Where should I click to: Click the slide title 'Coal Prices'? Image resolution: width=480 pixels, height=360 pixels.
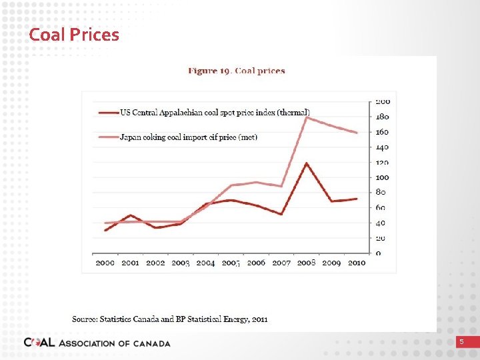74,35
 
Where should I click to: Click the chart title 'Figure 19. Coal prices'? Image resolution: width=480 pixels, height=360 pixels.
236,71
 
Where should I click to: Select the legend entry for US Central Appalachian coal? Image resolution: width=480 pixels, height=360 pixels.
214,112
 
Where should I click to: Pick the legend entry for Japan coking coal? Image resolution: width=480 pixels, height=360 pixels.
188,137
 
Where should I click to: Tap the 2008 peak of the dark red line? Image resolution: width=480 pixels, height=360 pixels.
306,163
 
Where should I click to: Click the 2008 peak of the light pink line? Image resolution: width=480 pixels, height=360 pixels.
306,117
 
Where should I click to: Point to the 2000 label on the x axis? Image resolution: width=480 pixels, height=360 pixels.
105,263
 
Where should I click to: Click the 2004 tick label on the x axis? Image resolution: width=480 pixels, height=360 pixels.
205,263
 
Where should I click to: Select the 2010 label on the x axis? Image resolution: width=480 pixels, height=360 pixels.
356,263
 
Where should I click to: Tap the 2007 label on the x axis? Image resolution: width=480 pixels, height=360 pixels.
281,263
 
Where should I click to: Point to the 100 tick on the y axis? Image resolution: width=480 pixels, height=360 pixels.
382,177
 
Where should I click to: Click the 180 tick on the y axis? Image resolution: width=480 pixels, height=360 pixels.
382,117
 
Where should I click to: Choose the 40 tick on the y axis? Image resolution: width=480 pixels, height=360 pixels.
380,223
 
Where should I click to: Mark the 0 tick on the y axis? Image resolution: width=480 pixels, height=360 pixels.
379,253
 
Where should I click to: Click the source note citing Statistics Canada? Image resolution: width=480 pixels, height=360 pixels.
170,319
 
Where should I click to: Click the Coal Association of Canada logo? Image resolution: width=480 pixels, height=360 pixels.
97,343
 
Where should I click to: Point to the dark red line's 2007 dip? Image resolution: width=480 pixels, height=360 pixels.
281,214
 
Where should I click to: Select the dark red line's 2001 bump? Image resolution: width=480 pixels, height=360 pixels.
131,215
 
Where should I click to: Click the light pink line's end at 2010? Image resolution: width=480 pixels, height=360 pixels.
357,133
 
